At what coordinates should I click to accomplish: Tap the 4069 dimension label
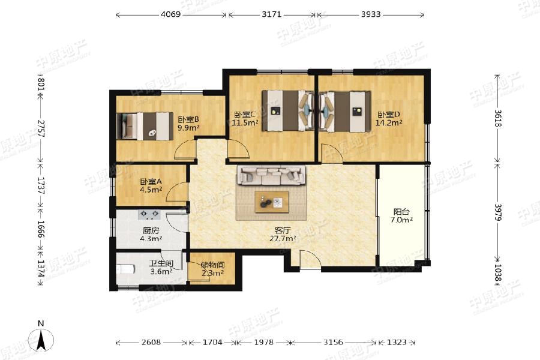(x=170, y=14)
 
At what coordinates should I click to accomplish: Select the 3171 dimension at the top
(x=271, y=14)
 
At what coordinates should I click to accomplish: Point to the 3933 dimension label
(x=371, y=14)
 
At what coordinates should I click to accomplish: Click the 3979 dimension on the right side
(x=498, y=212)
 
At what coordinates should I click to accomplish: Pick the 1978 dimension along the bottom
(x=263, y=343)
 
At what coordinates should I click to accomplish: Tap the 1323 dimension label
(x=397, y=343)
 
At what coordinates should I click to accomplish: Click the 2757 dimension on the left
(x=41, y=129)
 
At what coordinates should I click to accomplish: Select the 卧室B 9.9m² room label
(x=188, y=124)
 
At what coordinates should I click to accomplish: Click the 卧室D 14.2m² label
(x=389, y=118)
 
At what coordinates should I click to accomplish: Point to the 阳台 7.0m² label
(x=401, y=216)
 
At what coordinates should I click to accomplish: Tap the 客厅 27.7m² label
(x=283, y=234)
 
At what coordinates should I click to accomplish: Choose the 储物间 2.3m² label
(x=212, y=269)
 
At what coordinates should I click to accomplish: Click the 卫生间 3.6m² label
(x=161, y=268)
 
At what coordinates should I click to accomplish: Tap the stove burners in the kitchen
(x=149, y=215)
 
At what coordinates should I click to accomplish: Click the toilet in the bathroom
(x=124, y=269)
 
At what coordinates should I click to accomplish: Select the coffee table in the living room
(x=271, y=202)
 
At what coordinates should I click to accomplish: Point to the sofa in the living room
(x=271, y=175)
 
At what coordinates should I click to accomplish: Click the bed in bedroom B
(x=145, y=126)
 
